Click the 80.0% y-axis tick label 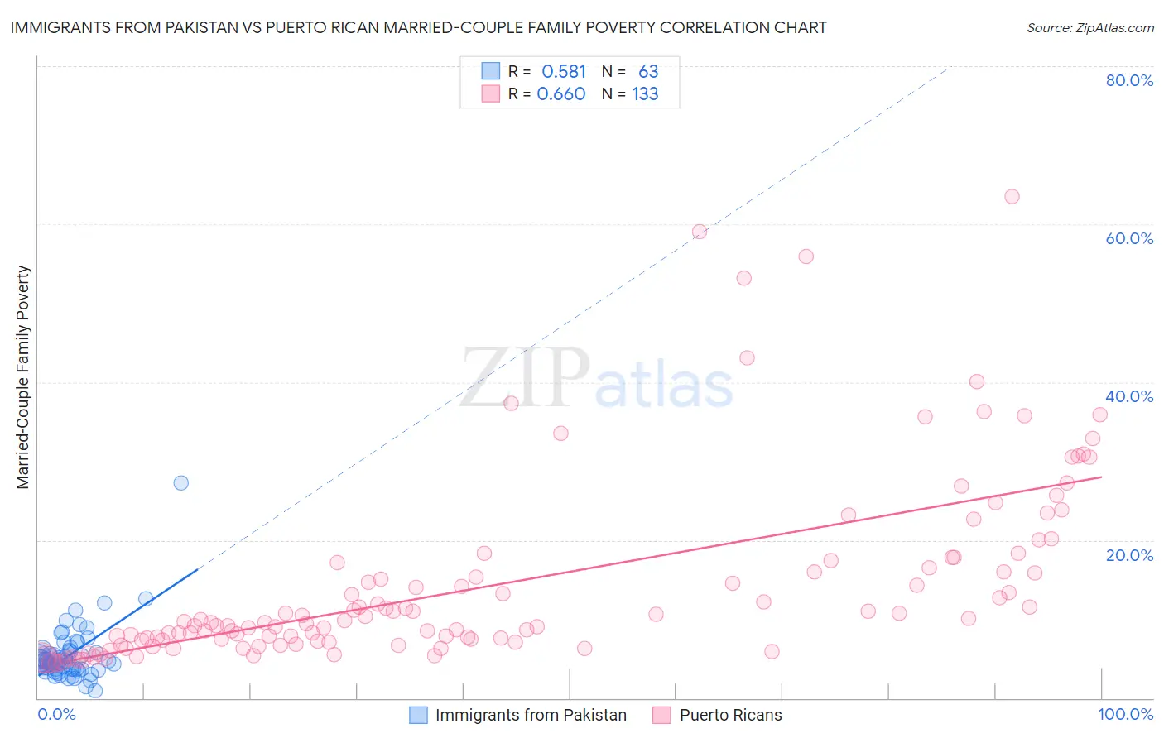(x=1129, y=80)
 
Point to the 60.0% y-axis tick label (x=1129, y=238)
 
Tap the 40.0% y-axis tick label (x=1129, y=396)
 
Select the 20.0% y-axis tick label (x=1129, y=554)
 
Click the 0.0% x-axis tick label (x=57, y=714)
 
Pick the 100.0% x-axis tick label (x=1125, y=714)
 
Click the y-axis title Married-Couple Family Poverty (x=23, y=377)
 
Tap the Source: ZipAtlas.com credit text (x=1089, y=27)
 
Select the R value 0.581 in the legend (x=563, y=72)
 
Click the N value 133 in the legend (x=645, y=94)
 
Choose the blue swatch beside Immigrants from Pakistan (x=419, y=715)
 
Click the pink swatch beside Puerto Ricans (x=661, y=715)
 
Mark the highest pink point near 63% (x=1012, y=196)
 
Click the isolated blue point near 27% (x=180, y=482)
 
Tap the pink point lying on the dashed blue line (x=700, y=232)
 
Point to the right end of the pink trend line (x=1101, y=477)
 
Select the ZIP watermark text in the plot (x=525, y=377)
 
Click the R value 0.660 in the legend (x=561, y=94)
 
